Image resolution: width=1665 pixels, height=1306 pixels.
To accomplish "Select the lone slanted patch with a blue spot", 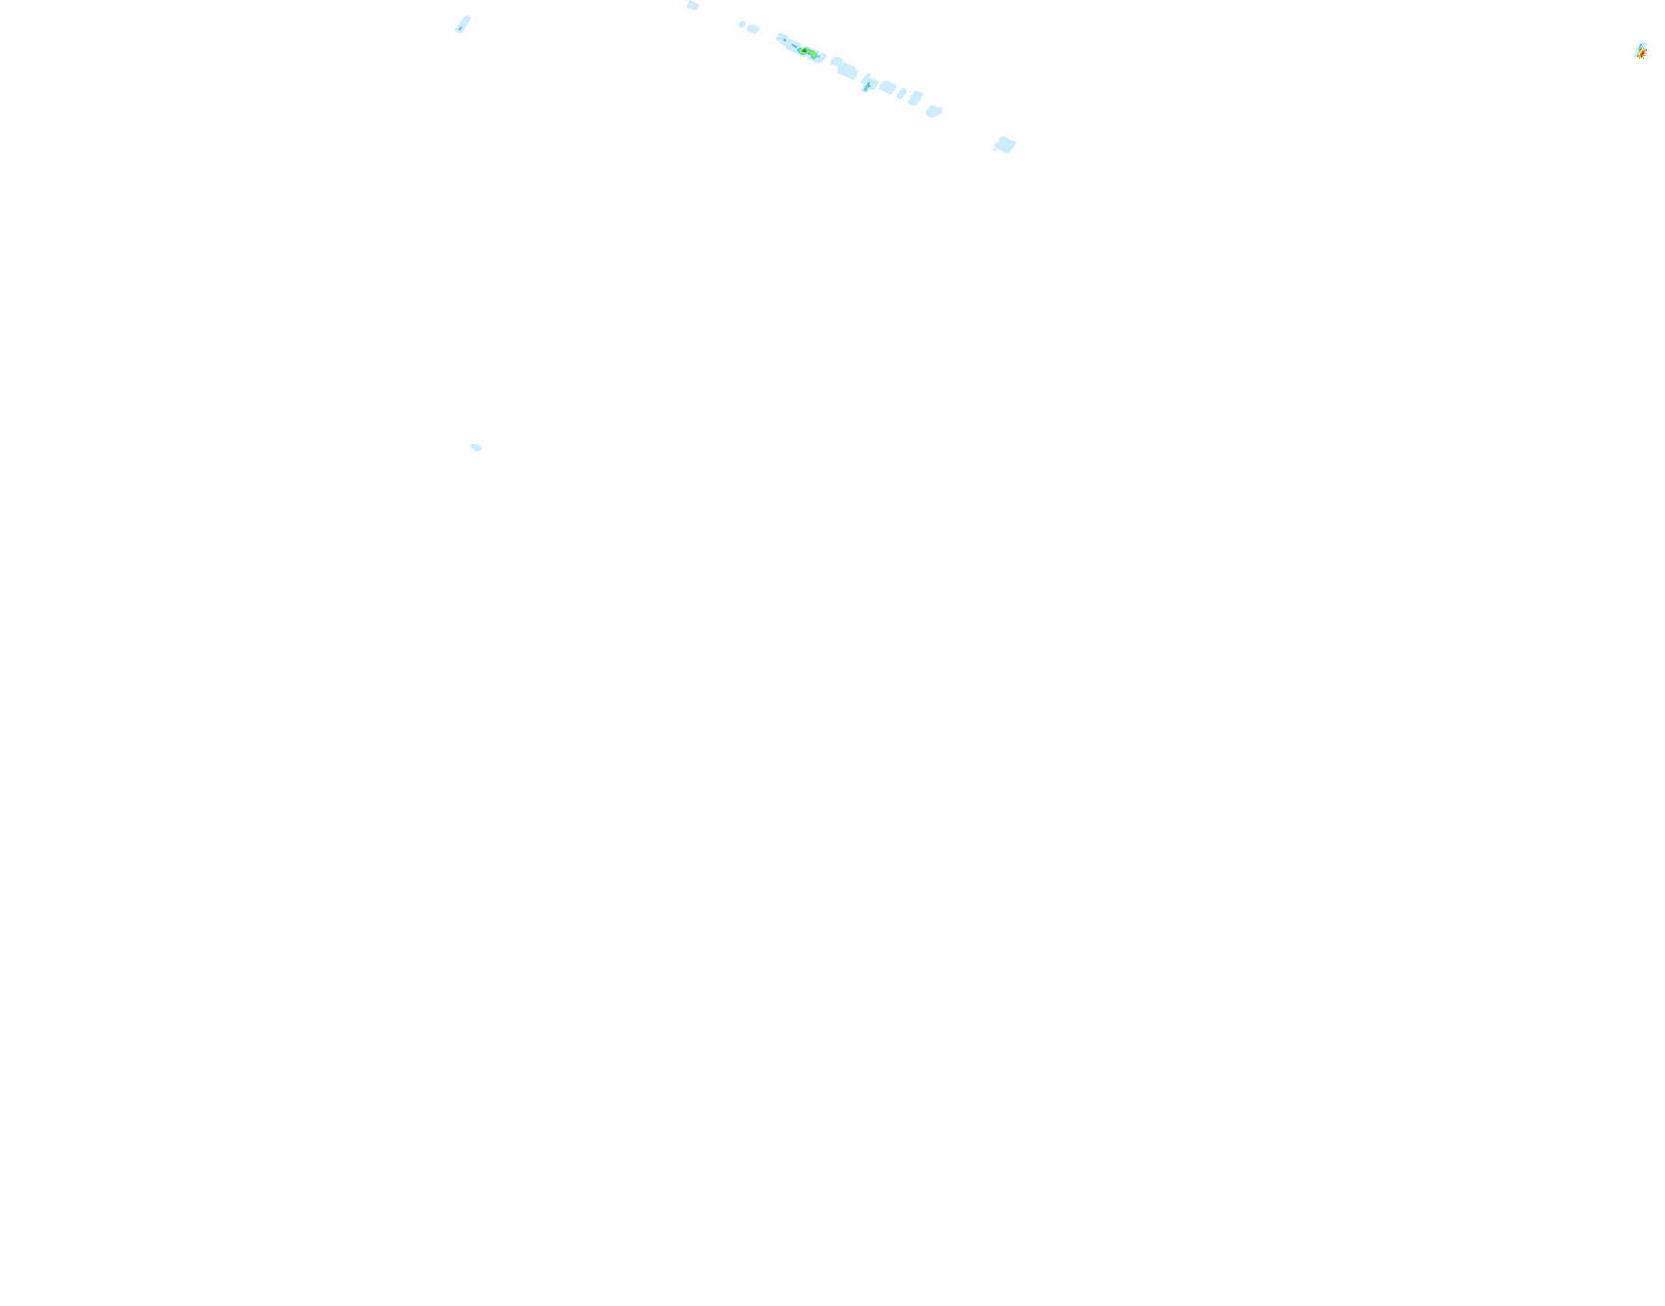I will (x=462, y=24).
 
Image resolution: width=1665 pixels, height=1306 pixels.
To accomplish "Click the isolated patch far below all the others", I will (x=476, y=448).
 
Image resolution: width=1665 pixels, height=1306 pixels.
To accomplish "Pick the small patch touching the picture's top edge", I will (x=693, y=6).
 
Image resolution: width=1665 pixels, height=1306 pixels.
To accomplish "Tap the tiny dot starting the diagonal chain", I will (x=741, y=24).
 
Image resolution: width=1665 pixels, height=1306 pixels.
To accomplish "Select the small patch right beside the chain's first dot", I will (x=753, y=29).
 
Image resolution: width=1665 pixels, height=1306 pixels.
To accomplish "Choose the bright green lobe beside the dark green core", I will (x=814, y=55).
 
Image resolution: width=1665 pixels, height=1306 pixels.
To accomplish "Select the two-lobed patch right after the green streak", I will (x=844, y=68).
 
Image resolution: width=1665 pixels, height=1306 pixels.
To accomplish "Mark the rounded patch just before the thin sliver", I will (x=887, y=87).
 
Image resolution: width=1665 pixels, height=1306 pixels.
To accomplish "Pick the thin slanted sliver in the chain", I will (x=902, y=94).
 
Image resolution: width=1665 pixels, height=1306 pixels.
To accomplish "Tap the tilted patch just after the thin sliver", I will (x=916, y=98).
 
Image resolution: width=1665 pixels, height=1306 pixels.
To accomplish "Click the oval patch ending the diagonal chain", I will (x=934, y=111).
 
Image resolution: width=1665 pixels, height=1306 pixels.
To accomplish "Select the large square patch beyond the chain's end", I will (x=1005, y=144).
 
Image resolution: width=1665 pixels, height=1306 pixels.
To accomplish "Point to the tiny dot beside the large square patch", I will (x=995, y=149).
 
